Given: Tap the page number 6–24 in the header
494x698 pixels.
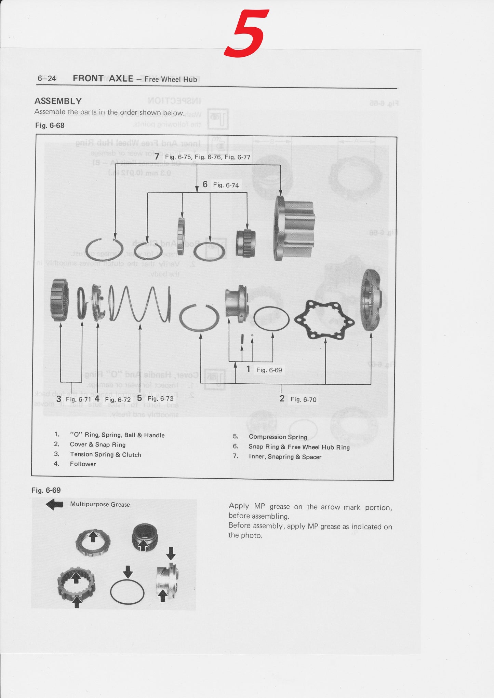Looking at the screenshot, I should (x=47, y=79).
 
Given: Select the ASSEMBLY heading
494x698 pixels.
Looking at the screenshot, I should (x=58, y=101).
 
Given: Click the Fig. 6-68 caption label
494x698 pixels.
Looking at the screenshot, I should (x=50, y=125).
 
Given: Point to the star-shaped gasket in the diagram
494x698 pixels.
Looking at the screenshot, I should (x=324, y=319).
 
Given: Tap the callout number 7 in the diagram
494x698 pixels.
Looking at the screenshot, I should (x=157, y=156).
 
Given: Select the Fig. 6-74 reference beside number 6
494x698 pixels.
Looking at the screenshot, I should (x=226, y=185).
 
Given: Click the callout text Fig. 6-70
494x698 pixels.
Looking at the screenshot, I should (x=303, y=399).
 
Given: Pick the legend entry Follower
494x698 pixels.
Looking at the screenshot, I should (x=83, y=464).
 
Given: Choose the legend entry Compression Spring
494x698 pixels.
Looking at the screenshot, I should (x=278, y=437).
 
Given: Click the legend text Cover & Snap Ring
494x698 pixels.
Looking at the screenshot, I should (x=97, y=444).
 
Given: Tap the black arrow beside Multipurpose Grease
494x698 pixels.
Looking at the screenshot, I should (x=54, y=504).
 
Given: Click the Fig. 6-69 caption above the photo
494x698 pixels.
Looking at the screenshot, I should (x=46, y=490).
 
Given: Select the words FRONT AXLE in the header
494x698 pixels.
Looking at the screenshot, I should (x=103, y=79).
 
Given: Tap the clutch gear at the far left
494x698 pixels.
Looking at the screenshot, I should (x=59, y=300).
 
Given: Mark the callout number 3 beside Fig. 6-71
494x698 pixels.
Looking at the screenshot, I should (x=59, y=399).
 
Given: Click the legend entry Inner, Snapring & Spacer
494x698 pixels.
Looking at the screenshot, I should (x=285, y=457).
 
